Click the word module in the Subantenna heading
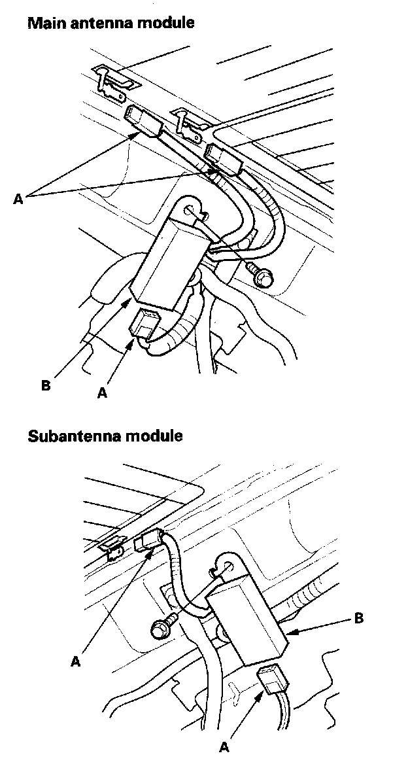(157, 436)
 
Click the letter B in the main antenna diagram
(45, 385)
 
